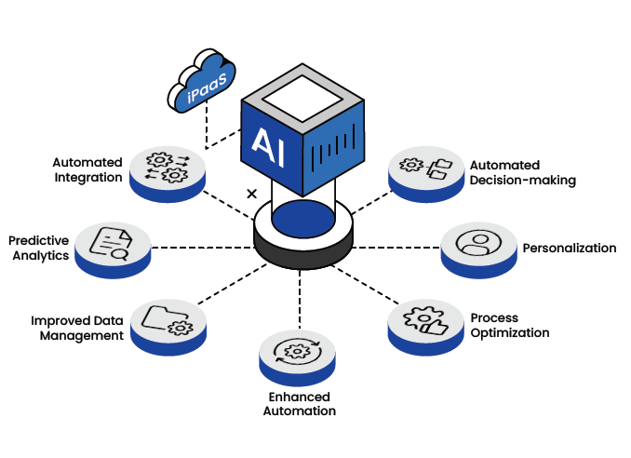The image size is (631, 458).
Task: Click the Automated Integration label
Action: click(87, 169)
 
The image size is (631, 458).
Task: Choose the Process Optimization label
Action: click(509, 325)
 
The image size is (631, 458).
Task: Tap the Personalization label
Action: click(570, 248)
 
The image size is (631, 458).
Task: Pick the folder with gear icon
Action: click(167, 319)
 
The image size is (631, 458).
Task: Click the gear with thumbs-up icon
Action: click(423, 317)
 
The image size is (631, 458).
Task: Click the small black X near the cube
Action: click(251, 195)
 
